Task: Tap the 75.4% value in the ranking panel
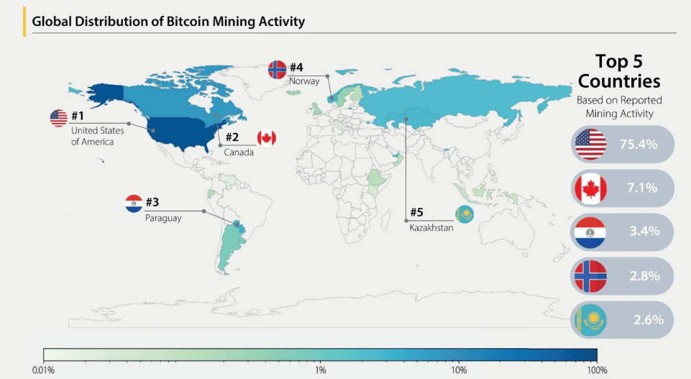[x=639, y=145]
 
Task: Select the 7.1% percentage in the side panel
[x=639, y=188]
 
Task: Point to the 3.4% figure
[x=639, y=232]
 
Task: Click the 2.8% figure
[x=639, y=275]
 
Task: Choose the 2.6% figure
[x=639, y=319]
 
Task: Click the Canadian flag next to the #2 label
[x=266, y=137]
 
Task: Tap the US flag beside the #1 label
[x=58, y=118]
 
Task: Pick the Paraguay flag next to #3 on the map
[x=133, y=204]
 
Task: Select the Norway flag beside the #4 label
[x=277, y=69]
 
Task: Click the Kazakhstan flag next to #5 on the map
[x=464, y=214]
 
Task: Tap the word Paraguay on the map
[x=163, y=218]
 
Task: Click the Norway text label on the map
[x=304, y=82]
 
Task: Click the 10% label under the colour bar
[x=459, y=370]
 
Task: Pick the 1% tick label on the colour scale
[x=321, y=370]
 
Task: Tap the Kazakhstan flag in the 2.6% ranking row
[x=591, y=319]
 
